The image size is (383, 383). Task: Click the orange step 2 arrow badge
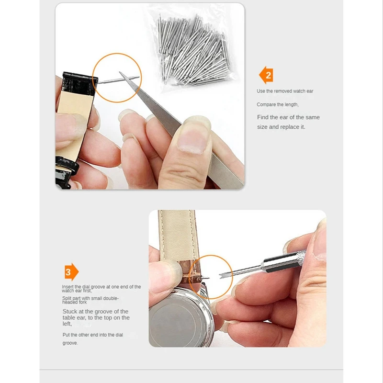(266, 75)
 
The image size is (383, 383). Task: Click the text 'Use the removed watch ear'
(285, 91)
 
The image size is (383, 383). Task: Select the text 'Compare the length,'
(278, 104)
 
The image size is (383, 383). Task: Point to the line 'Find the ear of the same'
(288, 117)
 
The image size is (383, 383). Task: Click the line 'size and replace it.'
(281, 127)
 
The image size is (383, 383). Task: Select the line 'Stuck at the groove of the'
(95, 311)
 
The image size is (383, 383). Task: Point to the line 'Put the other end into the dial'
(92, 335)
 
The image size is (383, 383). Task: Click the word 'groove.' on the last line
(70, 343)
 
